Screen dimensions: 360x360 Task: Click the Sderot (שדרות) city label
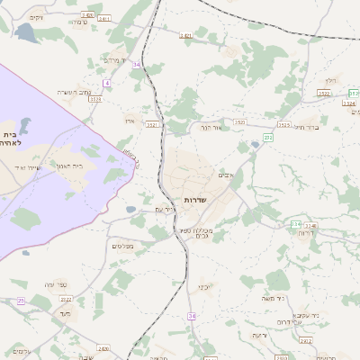195,199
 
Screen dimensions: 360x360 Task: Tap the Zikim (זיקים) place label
35,17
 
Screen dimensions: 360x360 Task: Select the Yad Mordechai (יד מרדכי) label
113,60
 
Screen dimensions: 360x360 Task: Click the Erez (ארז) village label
130,119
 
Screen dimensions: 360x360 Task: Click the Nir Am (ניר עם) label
152,210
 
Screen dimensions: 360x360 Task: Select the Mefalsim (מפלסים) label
122,246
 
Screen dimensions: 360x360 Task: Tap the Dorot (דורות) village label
306,232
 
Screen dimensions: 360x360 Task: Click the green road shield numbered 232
267,137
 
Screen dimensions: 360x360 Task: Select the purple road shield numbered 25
21,300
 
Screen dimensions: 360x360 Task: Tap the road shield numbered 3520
239,121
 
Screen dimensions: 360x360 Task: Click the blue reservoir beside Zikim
24,33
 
